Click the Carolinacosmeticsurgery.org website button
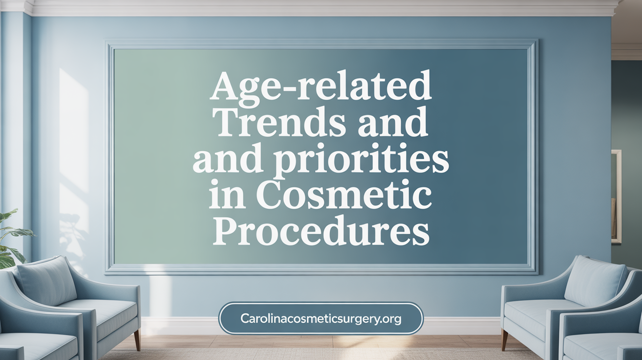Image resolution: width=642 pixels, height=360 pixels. (321, 318)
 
